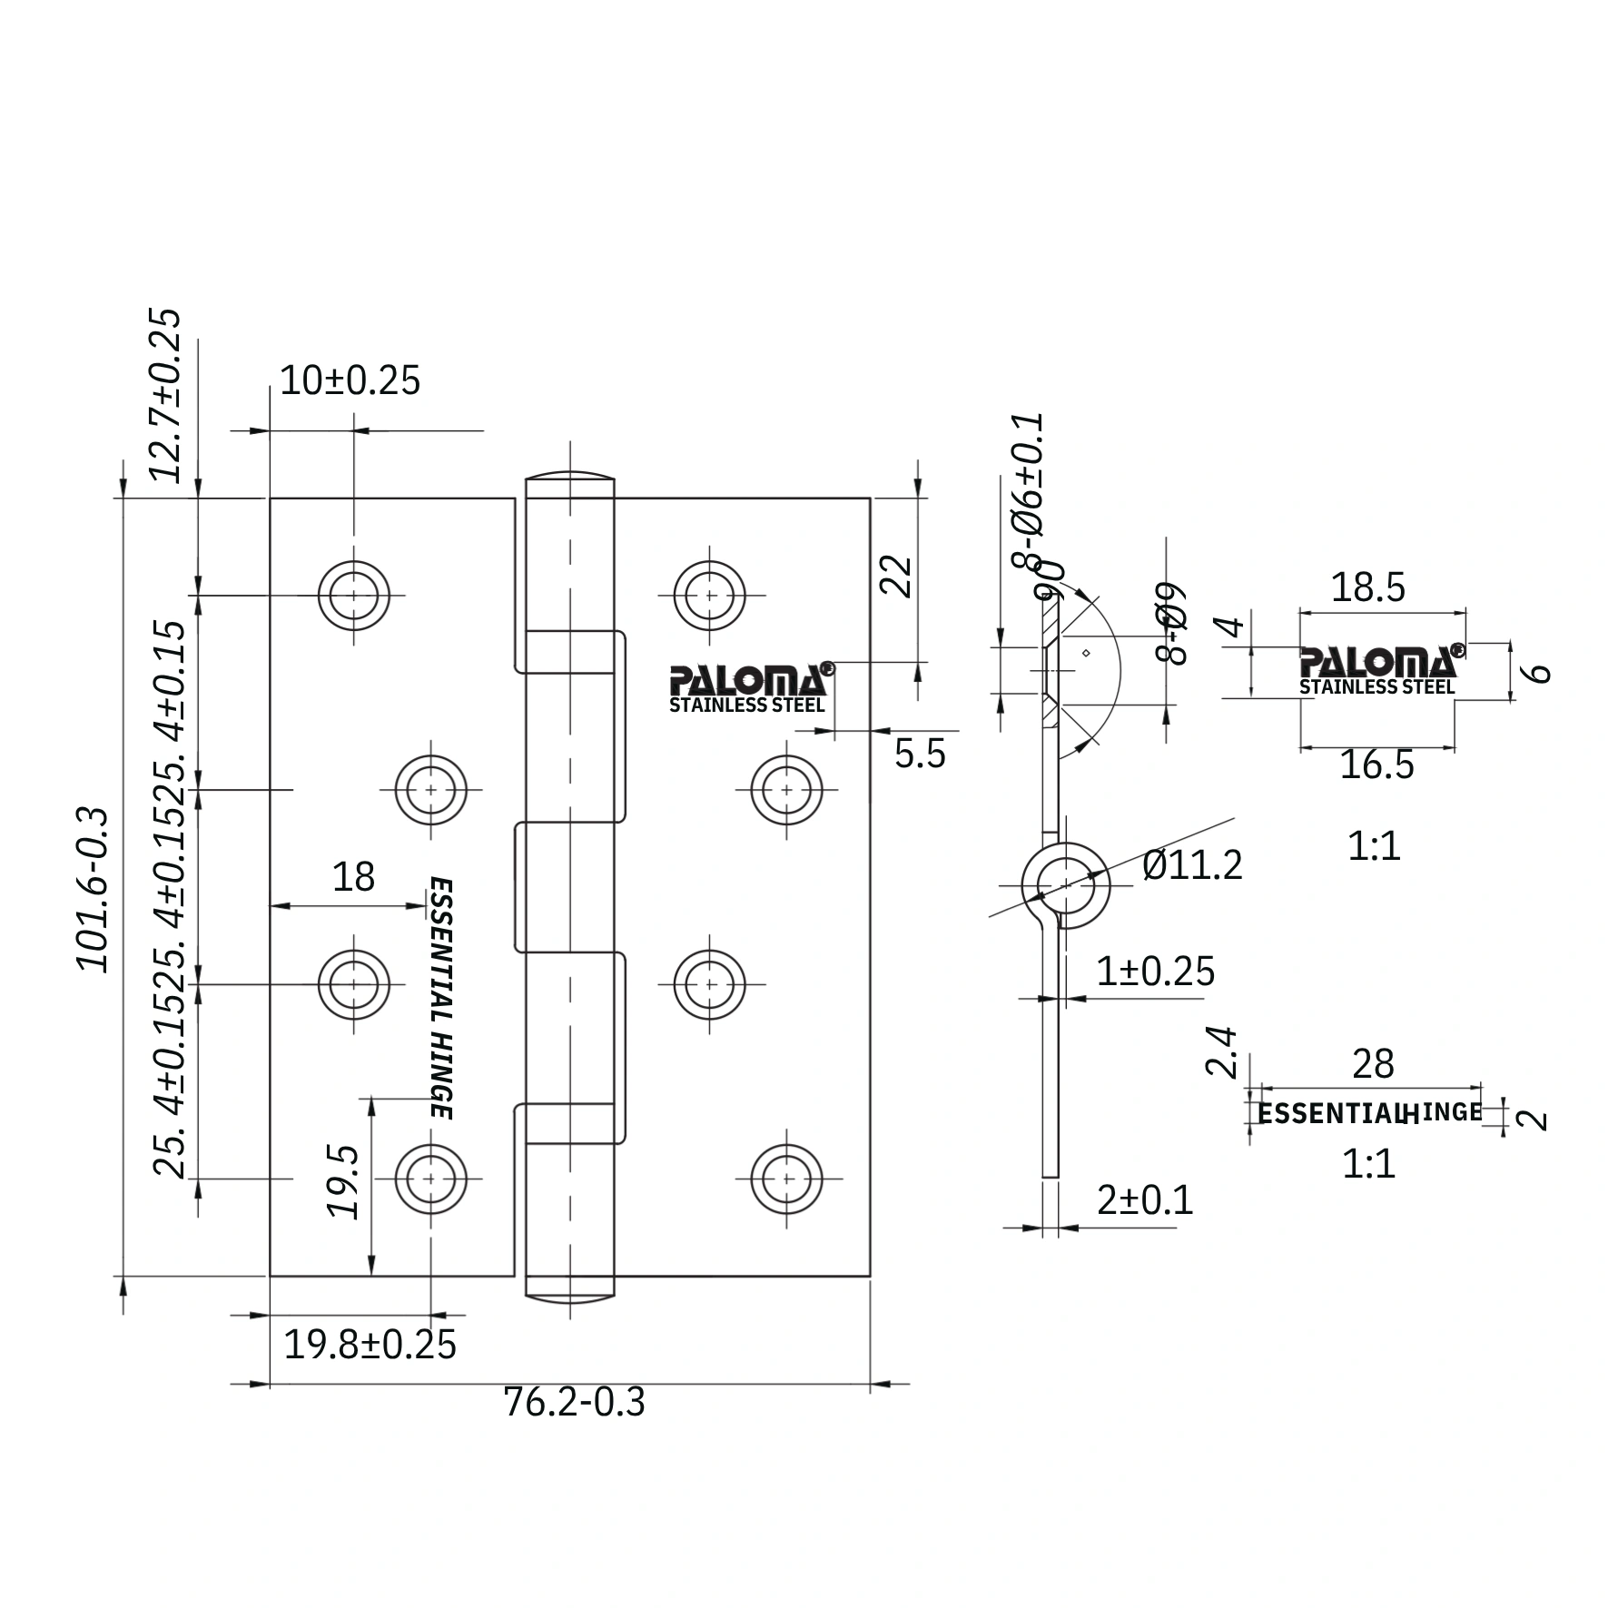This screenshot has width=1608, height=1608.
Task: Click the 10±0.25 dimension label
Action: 350,380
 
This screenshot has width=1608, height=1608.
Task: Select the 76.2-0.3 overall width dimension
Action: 574,1402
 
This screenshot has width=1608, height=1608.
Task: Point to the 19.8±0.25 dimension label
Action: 370,1344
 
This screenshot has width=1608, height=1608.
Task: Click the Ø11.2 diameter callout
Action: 1192,864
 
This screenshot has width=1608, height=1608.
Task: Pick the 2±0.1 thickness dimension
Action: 1144,1200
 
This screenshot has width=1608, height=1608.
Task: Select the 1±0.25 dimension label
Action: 1155,972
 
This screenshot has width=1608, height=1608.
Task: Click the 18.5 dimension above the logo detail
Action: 1367,587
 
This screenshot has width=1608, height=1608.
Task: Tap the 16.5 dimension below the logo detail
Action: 1376,765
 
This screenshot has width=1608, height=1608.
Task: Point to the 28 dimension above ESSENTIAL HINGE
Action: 1372,1064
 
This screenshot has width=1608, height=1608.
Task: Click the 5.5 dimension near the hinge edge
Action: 919,754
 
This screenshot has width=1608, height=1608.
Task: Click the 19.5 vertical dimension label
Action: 343,1180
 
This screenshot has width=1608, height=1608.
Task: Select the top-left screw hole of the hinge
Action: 354,596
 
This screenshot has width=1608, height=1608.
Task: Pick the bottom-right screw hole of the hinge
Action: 787,1179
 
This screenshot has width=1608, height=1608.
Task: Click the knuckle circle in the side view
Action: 1066,885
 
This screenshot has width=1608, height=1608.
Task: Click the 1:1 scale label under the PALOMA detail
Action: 1374,846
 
